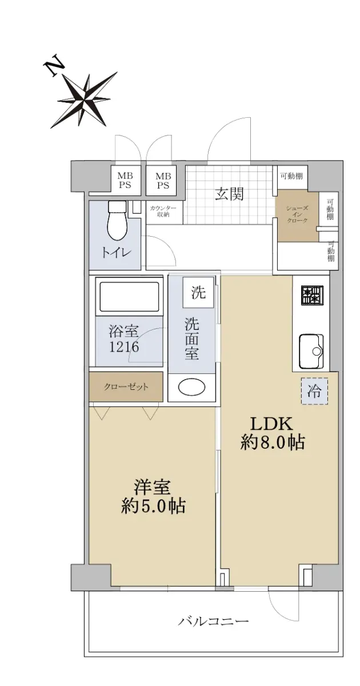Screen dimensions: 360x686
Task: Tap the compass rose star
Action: click(x=85, y=100)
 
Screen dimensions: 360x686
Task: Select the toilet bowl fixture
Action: click(x=118, y=221)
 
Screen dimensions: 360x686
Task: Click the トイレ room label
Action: click(x=117, y=253)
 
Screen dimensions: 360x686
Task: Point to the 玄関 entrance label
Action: click(x=229, y=194)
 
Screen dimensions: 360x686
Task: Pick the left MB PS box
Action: click(x=125, y=181)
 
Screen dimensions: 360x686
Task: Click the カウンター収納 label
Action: click(x=163, y=212)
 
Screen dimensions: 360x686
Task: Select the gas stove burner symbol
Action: click(x=312, y=295)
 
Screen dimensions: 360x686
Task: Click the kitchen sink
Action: click(x=311, y=351)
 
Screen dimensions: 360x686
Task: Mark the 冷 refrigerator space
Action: click(x=315, y=391)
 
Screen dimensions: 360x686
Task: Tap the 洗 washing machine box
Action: click(x=198, y=293)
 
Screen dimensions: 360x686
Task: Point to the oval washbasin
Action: click(x=191, y=388)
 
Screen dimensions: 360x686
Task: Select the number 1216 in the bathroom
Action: click(x=125, y=347)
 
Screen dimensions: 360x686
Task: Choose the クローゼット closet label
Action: click(x=126, y=386)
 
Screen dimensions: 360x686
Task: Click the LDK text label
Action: click(x=272, y=424)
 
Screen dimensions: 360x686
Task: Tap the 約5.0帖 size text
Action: click(x=153, y=507)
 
